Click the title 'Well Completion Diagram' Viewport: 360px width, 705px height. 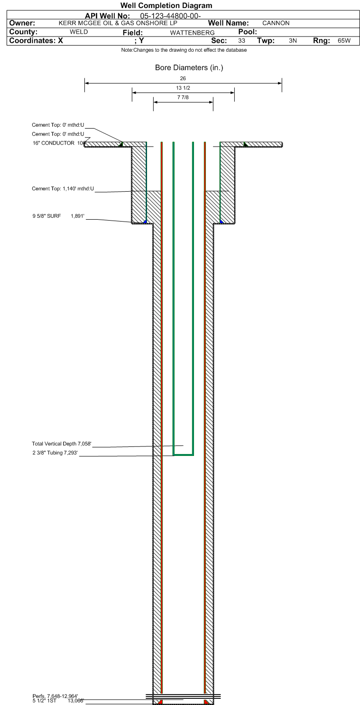[x=166, y=5]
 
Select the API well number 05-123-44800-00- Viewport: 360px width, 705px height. [x=170, y=16]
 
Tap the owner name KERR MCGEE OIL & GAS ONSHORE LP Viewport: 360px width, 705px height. [x=118, y=23]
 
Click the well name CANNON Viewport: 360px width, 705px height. [x=276, y=23]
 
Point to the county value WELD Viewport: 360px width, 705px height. [x=79, y=32]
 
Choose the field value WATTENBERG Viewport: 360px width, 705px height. [x=192, y=32]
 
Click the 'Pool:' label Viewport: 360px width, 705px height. [x=248, y=32]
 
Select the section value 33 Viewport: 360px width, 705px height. [x=242, y=41]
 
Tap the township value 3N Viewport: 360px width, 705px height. [x=293, y=41]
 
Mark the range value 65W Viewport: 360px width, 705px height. [x=344, y=41]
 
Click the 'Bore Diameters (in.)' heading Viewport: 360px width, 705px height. [x=189, y=68]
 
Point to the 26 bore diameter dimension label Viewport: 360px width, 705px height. [x=183, y=78]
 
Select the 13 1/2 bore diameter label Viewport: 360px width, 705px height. [x=183, y=88]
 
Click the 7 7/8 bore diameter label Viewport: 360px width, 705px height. [x=183, y=97]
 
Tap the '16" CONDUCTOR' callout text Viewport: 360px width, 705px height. [x=54, y=143]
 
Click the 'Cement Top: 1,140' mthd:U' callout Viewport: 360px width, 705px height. [x=63, y=188]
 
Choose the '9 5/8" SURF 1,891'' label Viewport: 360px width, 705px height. [x=58, y=216]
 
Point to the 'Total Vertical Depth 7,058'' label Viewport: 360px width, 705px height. [x=61, y=444]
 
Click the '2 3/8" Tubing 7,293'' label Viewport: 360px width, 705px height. [x=55, y=453]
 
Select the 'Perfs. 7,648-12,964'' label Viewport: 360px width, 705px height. [x=55, y=696]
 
